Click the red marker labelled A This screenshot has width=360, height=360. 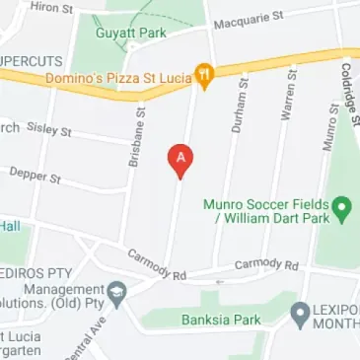click(180, 159)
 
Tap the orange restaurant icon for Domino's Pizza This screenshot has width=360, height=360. click(204, 73)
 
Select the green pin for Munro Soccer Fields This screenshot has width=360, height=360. click(342, 208)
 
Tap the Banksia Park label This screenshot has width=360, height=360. click(220, 320)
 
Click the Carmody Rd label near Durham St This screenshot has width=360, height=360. click(265, 266)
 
